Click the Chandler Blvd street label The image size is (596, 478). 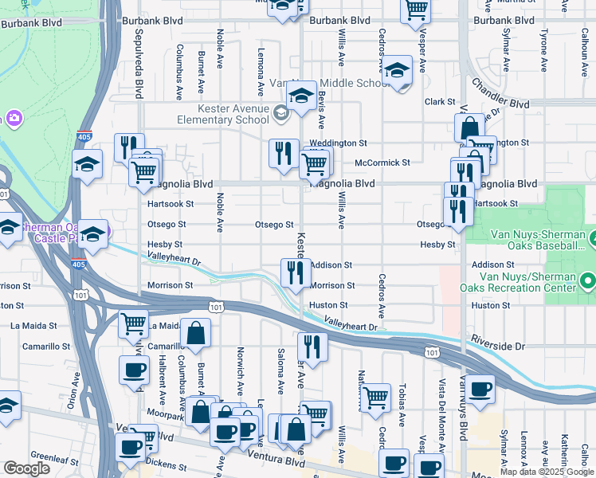500,92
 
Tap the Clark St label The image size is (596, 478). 439,102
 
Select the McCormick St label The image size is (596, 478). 382,163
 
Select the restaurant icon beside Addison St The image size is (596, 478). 295,272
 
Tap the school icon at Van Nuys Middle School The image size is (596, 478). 302,96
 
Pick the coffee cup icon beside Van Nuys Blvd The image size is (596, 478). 480,390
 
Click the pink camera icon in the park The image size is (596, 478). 14,118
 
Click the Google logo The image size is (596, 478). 26,468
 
